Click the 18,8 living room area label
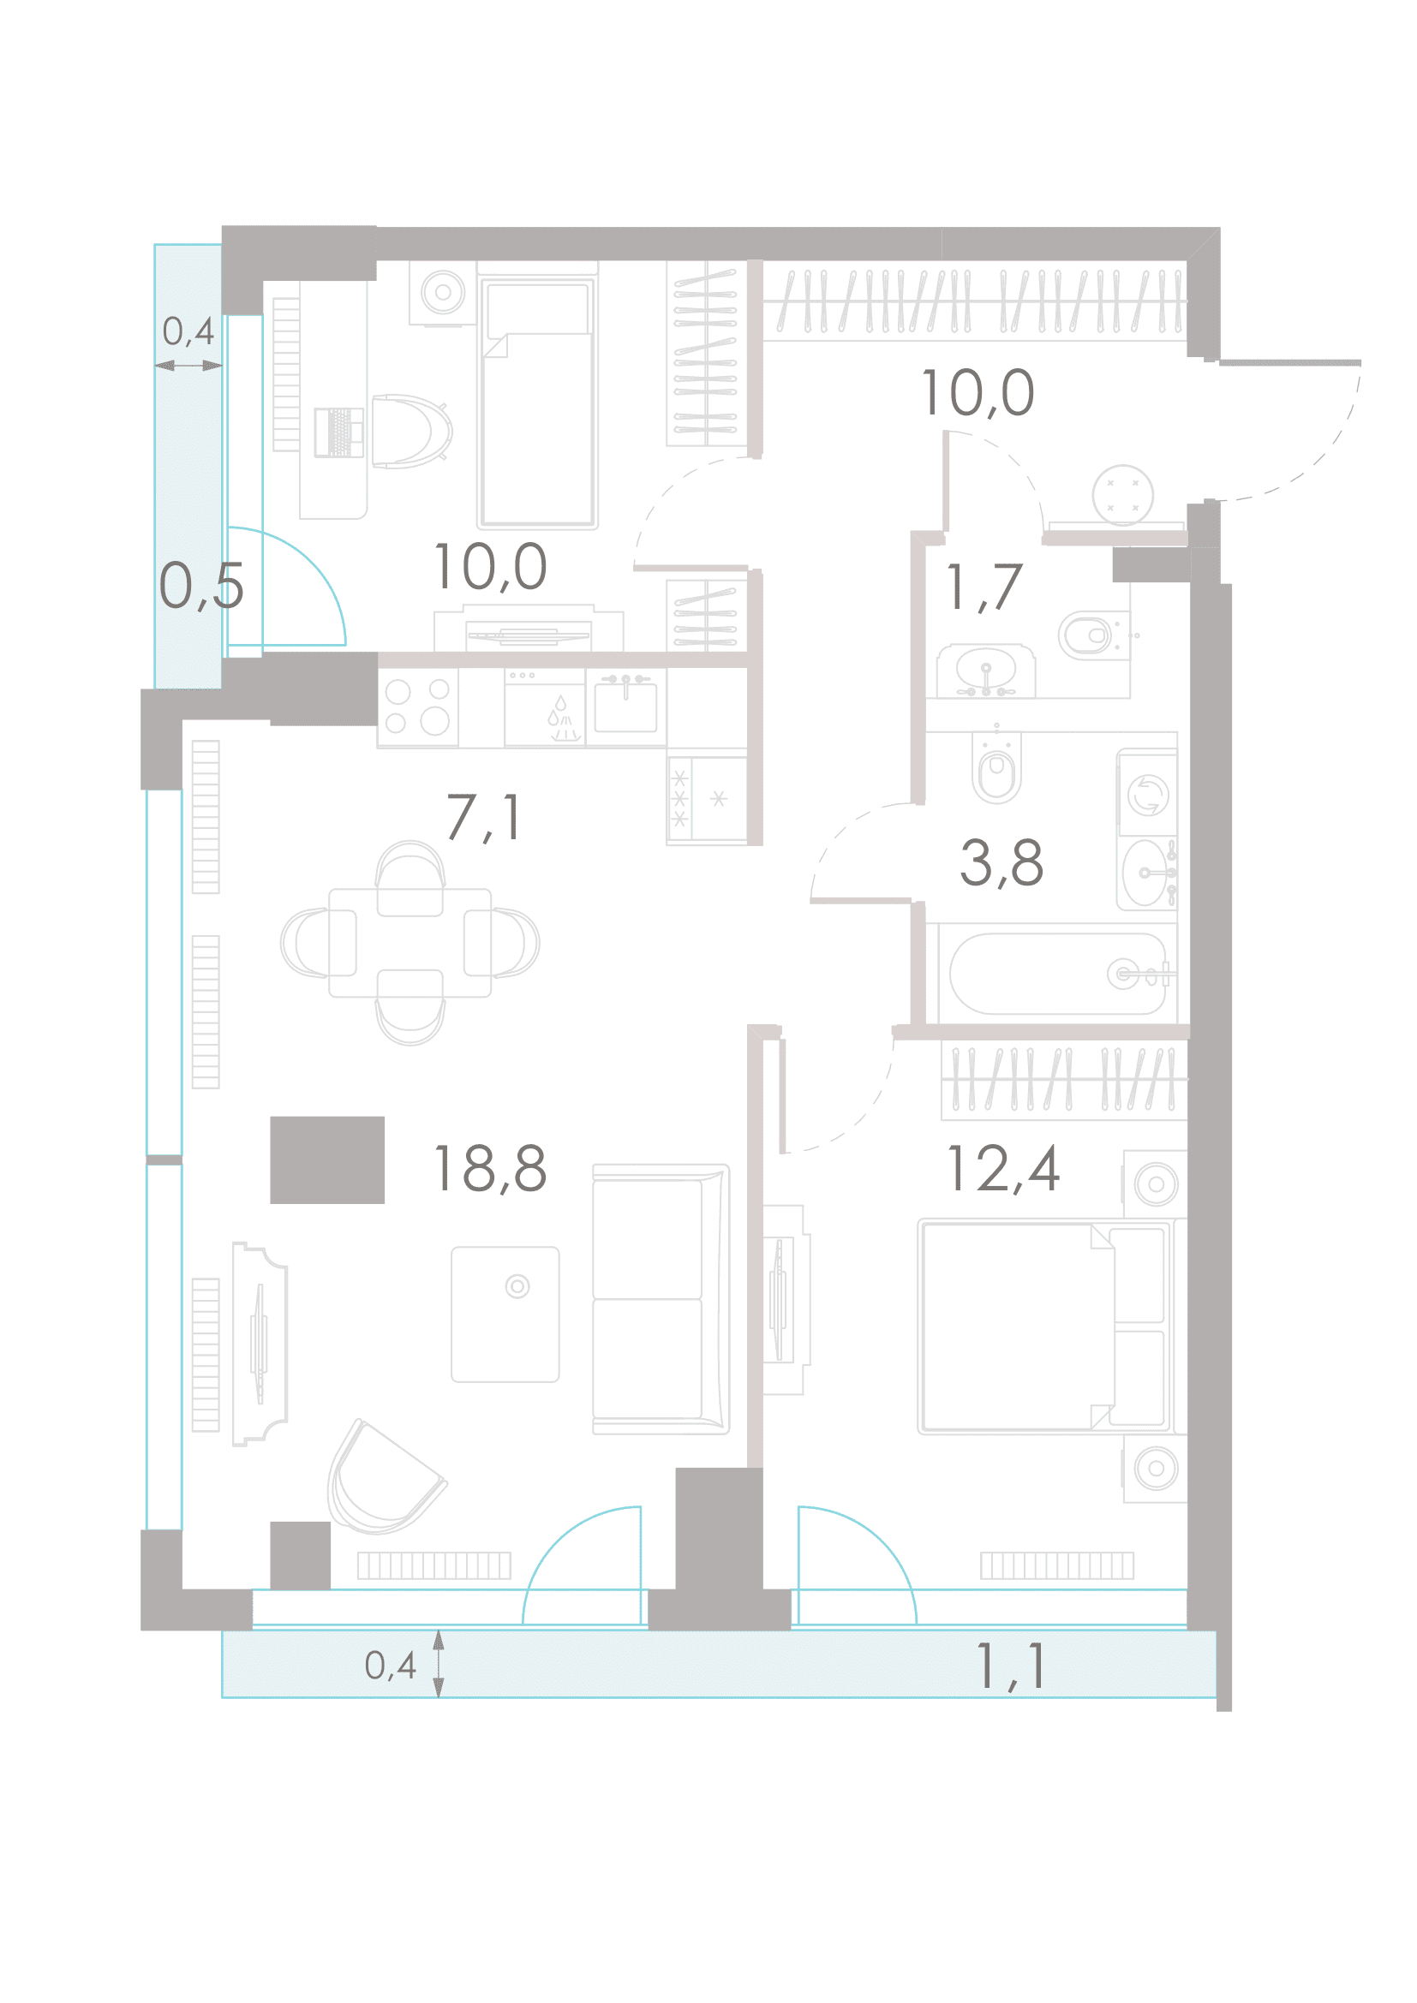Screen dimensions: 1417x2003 (x=489, y=1168)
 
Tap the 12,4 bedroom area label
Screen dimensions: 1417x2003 (x=1002, y=1168)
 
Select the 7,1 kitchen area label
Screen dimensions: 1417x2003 (x=484, y=818)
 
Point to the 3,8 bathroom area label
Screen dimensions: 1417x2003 (x=1001, y=863)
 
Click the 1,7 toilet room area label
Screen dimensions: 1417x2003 (x=984, y=587)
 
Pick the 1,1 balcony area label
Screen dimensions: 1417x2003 (x=1010, y=1666)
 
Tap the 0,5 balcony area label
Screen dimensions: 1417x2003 (x=200, y=586)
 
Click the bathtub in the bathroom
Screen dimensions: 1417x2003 (x=1058, y=974)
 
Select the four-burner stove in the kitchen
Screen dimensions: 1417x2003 (x=418, y=706)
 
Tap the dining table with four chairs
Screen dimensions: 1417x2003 (x=410, y=943)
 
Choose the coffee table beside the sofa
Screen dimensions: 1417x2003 (x=505, y=1314)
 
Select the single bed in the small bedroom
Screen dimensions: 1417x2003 (x=537, y=402)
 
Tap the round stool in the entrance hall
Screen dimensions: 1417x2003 (x=1122, y=496)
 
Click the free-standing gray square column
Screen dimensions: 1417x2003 (x=327, y=1160)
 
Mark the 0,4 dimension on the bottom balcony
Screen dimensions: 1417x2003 (x=390, y=1666)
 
